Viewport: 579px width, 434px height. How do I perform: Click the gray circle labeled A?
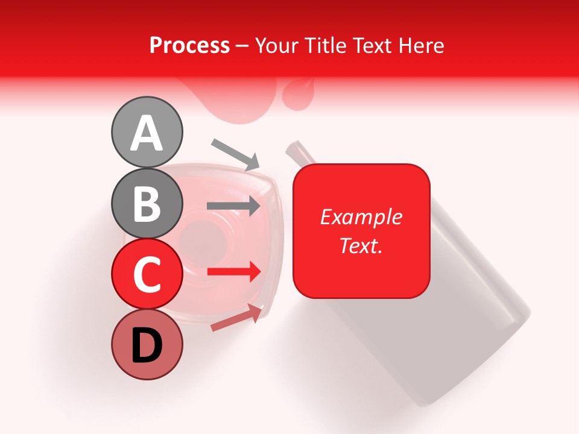(x=147, y=132)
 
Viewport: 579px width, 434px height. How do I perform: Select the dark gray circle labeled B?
(x=147, y=203)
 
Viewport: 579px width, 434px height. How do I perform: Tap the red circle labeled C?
(x=147, y=274)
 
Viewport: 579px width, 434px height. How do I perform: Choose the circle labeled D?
(x=147, y=345)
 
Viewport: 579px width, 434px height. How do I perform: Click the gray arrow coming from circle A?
(x=236, y=154)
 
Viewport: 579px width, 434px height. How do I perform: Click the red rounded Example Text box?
(x=361, y=231)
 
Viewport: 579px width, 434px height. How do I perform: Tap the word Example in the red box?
(x=361, y=217)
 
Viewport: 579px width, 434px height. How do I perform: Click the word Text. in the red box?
(x=361, y=246)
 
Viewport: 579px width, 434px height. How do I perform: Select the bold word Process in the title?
(x=189, y=45)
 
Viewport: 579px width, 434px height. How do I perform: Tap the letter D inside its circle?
(x=147, y=346)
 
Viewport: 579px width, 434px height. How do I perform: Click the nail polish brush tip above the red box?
(x=296, y=150)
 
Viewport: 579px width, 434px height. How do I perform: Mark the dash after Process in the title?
(x=242, y=46)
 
